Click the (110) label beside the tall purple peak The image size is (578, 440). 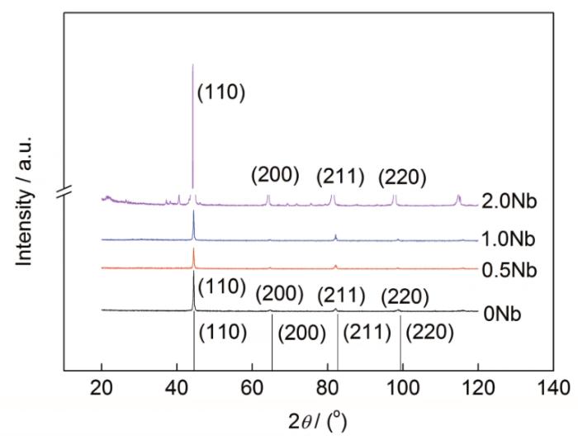click(221, 92)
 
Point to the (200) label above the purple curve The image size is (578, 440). click(275, 176)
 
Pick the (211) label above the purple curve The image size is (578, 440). click(340, 176)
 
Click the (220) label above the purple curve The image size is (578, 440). click(402, 176)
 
